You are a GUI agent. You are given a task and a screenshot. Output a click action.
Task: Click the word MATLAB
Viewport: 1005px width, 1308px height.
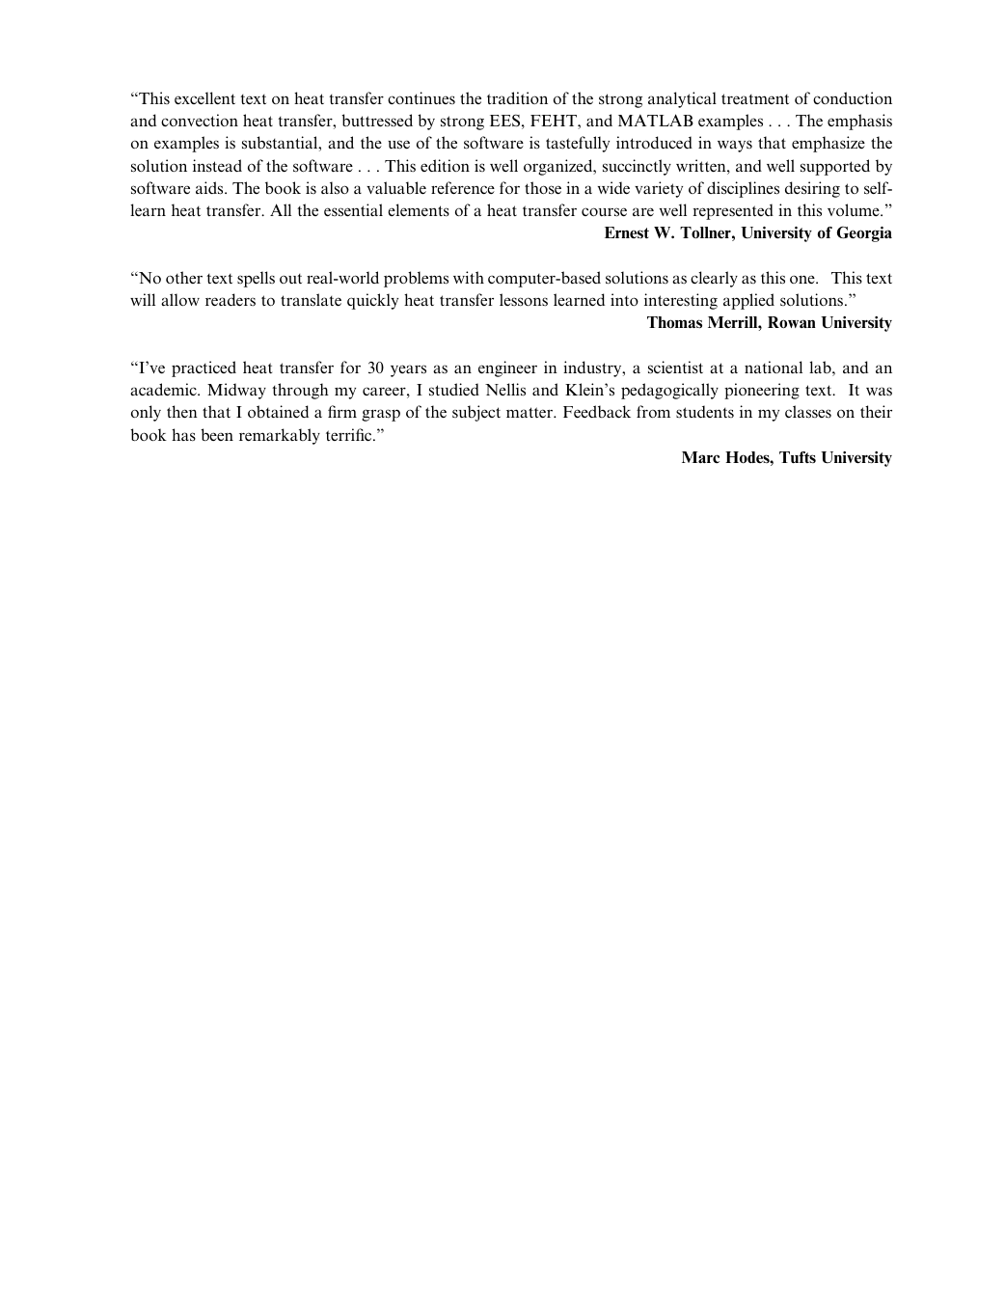pyautogui.click(x=656, y=122)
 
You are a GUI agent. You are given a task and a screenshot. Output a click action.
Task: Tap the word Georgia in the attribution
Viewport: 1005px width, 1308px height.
pyautogui.click(x=861, y=233)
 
